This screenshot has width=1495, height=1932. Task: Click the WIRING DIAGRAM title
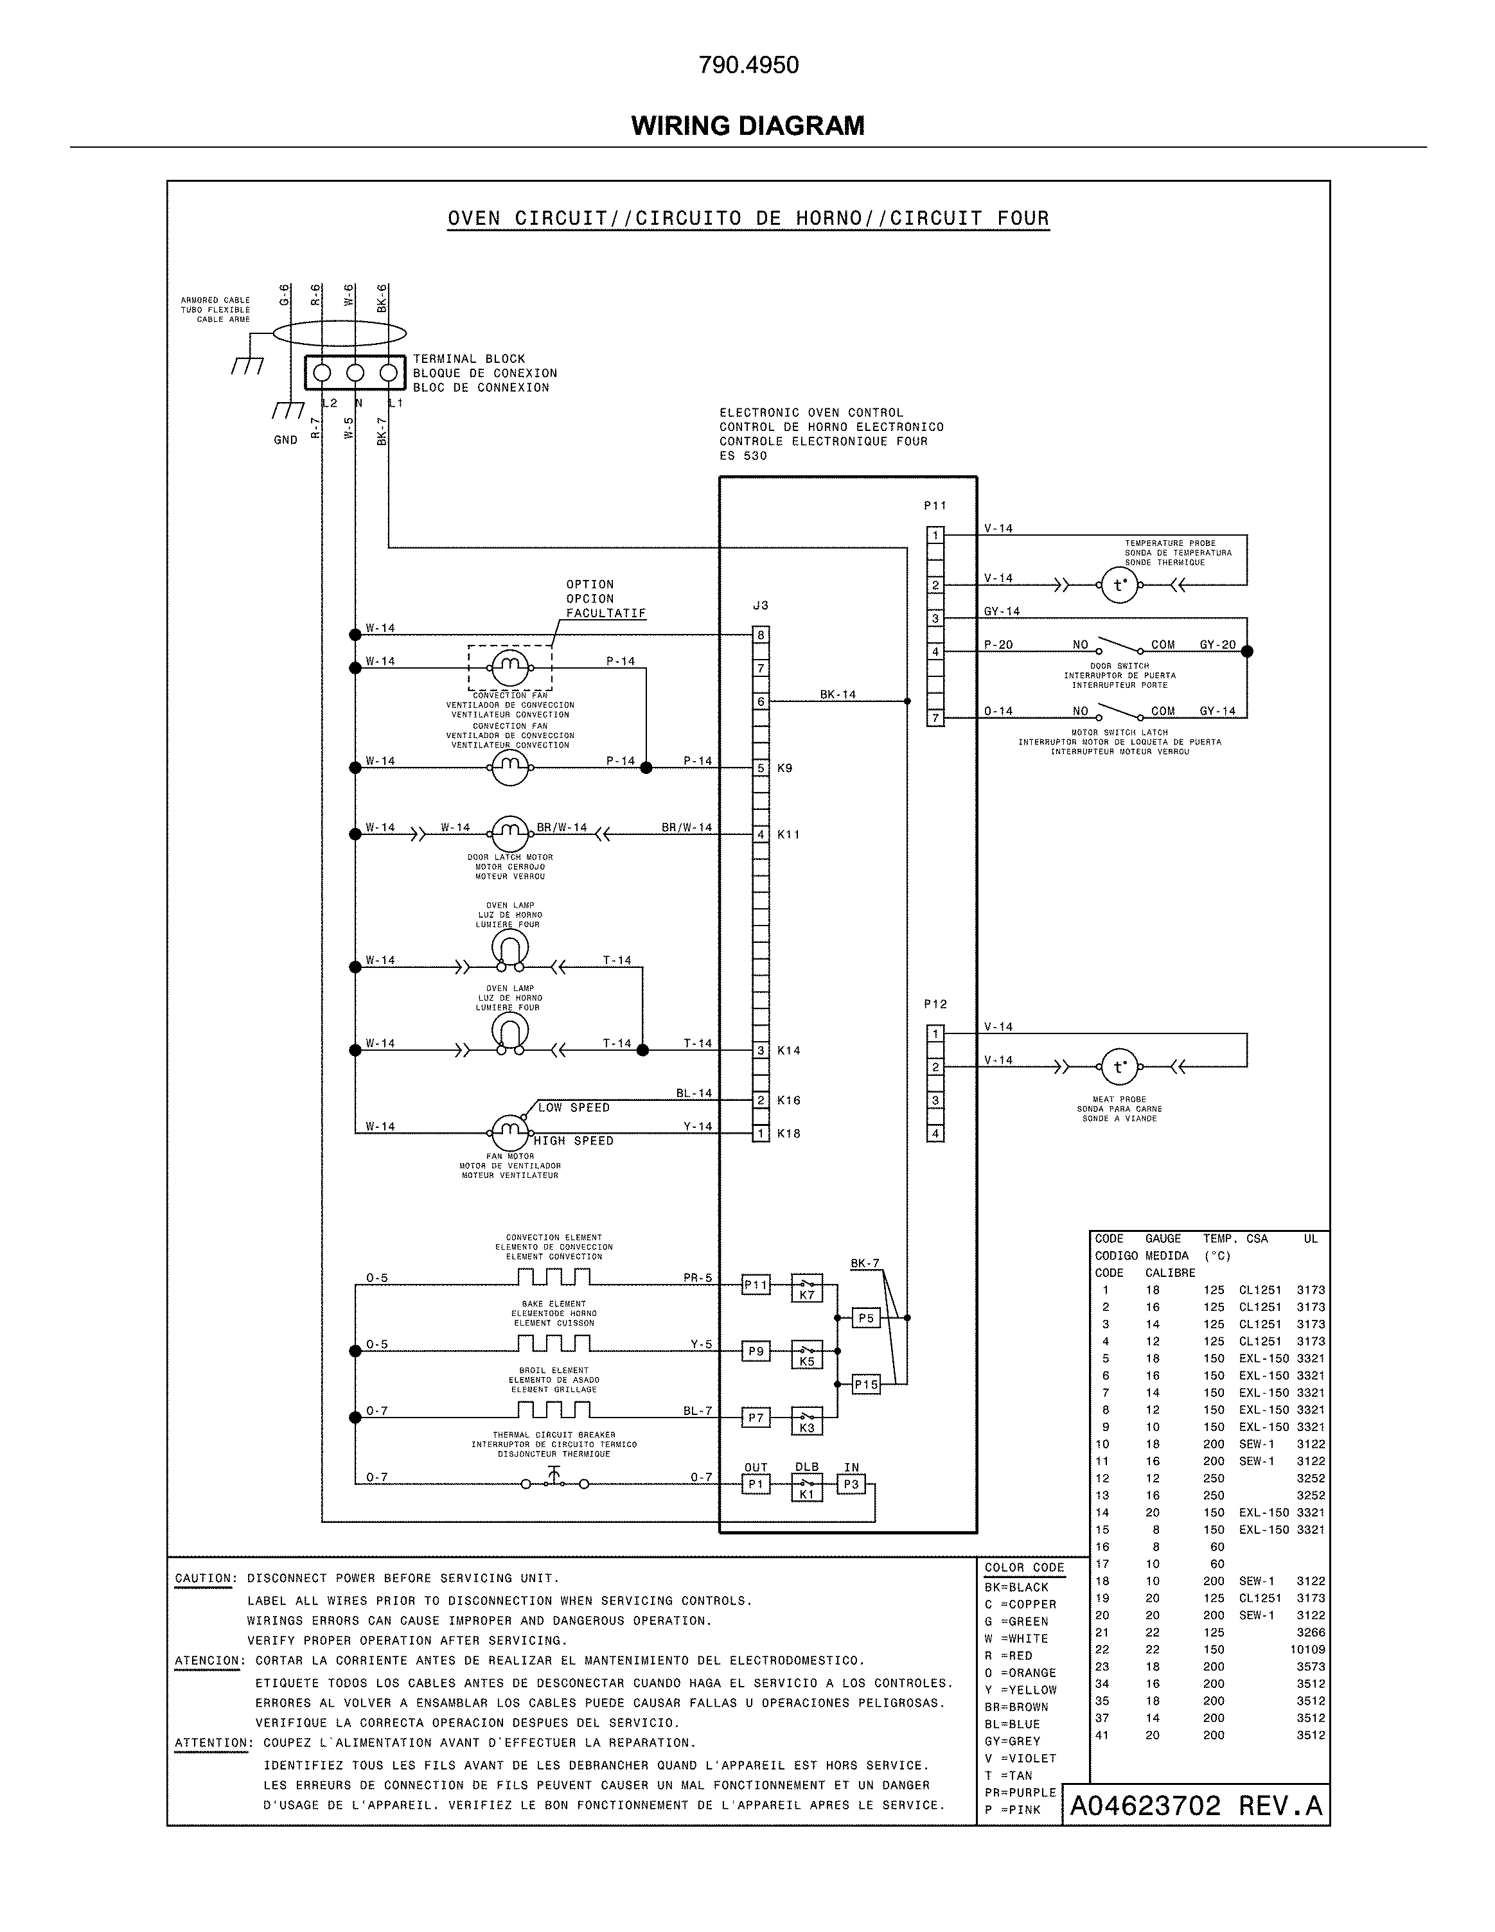click(748, 126)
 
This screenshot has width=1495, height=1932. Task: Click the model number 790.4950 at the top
click(748, 66)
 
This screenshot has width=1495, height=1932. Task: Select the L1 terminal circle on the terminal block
click(387, 373)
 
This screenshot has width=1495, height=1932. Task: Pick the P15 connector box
click(866, 1384)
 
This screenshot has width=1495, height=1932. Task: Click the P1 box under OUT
click(756, 1484)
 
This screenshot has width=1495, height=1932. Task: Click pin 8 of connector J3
click(761, 635)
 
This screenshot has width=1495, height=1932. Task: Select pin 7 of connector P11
click(935, 718)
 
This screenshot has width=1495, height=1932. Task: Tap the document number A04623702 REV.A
click(1196, 1805)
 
